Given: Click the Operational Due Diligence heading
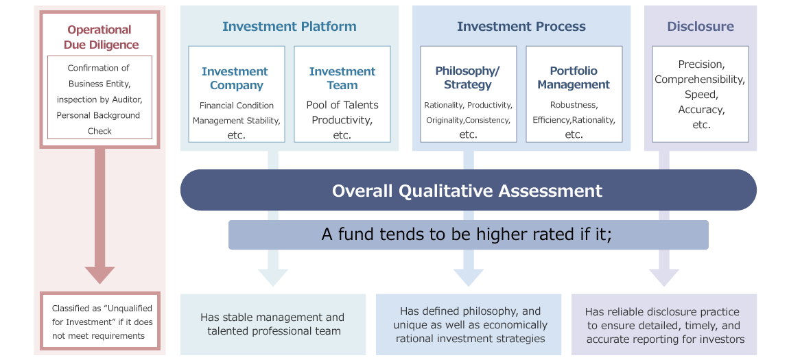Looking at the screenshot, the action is coord(101,37).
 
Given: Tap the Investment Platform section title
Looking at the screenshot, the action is coord(290,26).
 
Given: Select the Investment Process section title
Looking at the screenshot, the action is coord(521,26).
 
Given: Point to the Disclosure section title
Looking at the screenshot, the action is coord(700,26).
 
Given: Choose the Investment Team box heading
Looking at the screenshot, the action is coord(342,78).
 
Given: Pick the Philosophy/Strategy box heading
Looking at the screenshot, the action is coord(468,77).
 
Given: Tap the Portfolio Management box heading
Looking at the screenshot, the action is coord(574,77).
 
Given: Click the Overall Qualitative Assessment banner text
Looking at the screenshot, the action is coord(467,191).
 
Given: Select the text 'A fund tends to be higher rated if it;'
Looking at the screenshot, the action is coord(467,235).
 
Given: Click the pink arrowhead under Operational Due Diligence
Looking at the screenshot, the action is coord(99,275).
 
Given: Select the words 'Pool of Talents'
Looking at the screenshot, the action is coord(342,105).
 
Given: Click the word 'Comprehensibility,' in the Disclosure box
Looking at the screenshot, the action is coord(700,80).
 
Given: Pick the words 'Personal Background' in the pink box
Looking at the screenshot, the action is coord(98,115).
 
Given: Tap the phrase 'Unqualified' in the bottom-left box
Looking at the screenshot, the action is coord(125,309).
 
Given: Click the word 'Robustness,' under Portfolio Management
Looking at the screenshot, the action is coord(574,105).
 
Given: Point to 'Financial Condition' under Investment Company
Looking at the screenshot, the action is coord(237,106).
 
